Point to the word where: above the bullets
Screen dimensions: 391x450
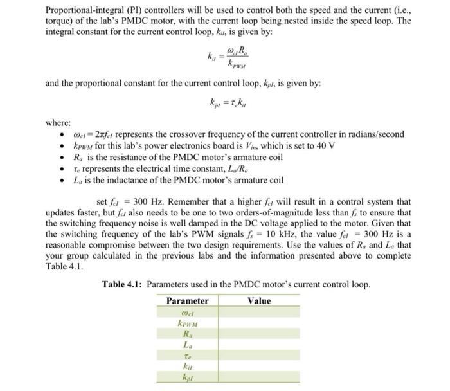pos(58,123)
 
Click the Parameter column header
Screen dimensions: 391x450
pos(187,301)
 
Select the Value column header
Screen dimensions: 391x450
pos(259,301)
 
